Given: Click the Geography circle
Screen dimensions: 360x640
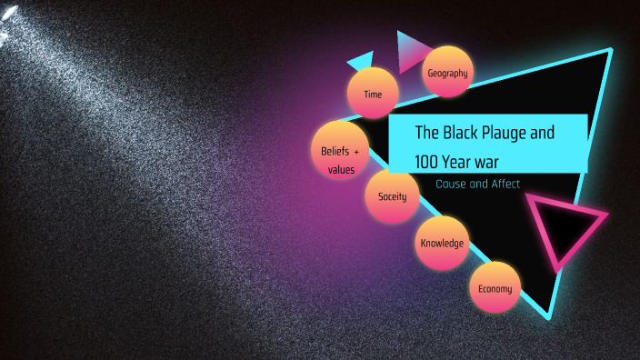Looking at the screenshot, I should pyautogui.click(x=447, y=72).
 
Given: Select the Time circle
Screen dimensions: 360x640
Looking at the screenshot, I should pyautogui.click(x=374, y=94).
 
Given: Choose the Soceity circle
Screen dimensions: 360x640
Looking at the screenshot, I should pyautogui.click(x=392, y=196).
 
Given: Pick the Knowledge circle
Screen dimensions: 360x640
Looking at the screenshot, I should pyautogui.click(x=442, y=243).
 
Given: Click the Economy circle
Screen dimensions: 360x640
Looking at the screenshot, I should pyautogui.click(x=495, y=289).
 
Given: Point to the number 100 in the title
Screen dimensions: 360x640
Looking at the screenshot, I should pyautogui.click(x=428, y=163).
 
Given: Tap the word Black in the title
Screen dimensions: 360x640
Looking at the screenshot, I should pyautogui.click(x=460, y=133).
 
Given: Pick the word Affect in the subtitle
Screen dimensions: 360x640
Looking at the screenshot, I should pyautogui.click(x=505, y=184).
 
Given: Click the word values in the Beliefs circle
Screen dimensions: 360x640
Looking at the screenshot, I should pyautogui.click(x=341, y=169).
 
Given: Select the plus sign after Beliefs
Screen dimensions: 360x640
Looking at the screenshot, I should pyautogui.click(x=357, y=150).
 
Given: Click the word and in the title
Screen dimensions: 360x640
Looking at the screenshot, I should pyautogui.click(x=542, y=133).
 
